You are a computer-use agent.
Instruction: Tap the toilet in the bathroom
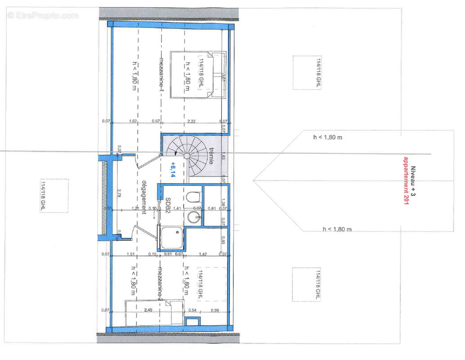click(193, 198)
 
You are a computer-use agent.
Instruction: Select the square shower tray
click(170, 238)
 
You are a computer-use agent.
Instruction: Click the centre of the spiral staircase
click(185, 155)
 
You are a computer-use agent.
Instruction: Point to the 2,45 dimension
click(148, 310)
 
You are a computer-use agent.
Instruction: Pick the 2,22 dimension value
click(191, 121)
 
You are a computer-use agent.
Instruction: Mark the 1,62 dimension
click(133, 121)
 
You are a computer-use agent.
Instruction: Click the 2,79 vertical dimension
click(118, 194)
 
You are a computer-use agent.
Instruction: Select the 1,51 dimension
click(131, 254)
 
